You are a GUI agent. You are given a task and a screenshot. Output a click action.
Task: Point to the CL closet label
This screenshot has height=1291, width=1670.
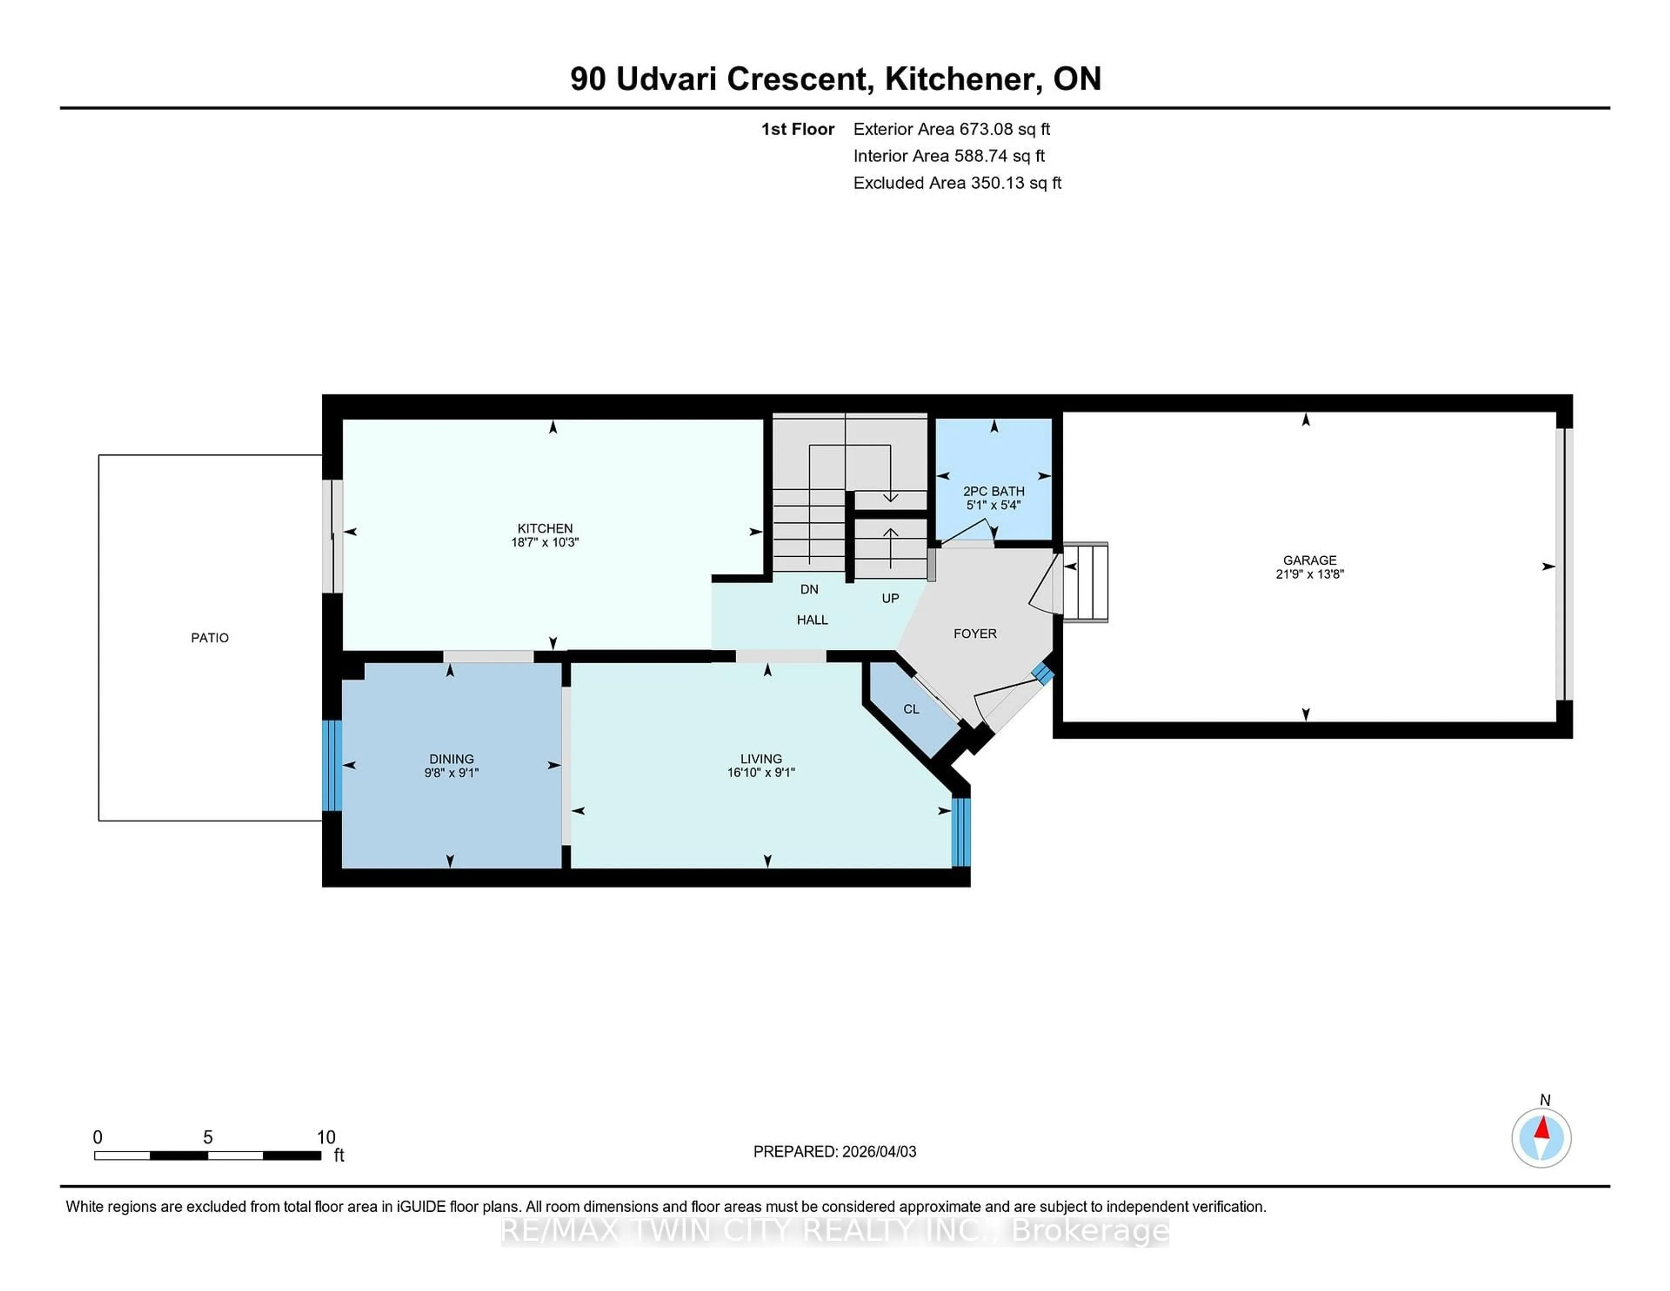click(911, 709)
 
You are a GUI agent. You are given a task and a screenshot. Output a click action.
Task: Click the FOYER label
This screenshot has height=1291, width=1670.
click(975, 633)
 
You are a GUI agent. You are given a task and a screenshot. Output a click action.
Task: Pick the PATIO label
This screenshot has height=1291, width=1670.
click(210, 638)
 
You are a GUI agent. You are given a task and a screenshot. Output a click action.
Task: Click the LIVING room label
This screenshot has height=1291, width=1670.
click(761, 759)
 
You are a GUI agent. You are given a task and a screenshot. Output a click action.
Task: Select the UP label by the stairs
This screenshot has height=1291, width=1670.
click(890, 598)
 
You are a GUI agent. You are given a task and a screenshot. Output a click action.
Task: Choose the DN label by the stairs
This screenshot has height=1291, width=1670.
click(809, 589)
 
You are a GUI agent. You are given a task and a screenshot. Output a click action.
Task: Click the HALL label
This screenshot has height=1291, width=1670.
click(812, 619)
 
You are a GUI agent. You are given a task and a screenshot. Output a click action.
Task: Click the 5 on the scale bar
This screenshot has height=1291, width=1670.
click(207, 1137)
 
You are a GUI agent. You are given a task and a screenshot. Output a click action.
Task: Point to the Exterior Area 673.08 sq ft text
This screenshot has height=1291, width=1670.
click(951, 129)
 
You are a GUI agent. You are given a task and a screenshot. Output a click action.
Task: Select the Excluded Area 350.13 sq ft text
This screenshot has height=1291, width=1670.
click(957, 183)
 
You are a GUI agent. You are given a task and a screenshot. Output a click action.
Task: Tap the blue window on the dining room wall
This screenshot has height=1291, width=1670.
click(331, 765)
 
